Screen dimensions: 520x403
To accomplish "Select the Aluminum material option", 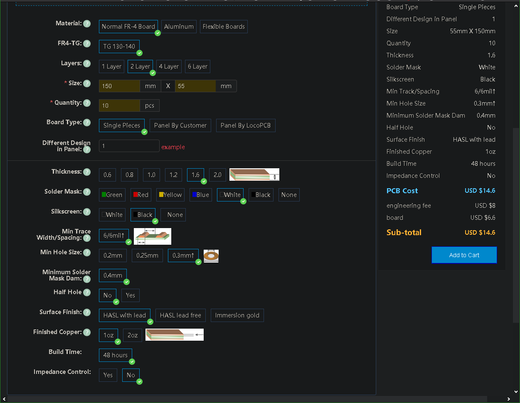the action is (179, 27).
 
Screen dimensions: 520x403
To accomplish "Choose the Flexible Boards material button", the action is (224, 27).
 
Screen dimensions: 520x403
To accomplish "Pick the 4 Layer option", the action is (169, 66).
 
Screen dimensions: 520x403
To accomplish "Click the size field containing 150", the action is (119, 86).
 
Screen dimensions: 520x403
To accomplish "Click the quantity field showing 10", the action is (119, 106).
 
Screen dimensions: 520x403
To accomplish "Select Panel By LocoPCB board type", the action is (246, 125).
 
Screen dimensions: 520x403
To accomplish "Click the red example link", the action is (173, 147).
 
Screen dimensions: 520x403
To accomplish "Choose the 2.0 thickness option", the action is (217, 175).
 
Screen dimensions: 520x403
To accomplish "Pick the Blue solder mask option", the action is (200, 195).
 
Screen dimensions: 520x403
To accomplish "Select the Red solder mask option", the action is (141, 195).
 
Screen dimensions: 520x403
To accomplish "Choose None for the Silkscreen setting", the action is (173, 215).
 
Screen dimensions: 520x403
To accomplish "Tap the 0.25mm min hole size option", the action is (147, 256).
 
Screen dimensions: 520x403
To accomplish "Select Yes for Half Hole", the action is (131, 295).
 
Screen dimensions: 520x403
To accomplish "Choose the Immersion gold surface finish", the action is (237, 315).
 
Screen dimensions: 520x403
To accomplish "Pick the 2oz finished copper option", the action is (132, 335).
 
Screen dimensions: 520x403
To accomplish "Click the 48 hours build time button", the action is (115, 355).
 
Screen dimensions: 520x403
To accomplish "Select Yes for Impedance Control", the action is (108, 375).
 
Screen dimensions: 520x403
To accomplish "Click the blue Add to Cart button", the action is (464, 255).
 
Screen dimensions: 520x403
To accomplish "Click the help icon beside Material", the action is (87, 24).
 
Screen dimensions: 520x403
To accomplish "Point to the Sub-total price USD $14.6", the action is (480, 233).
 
